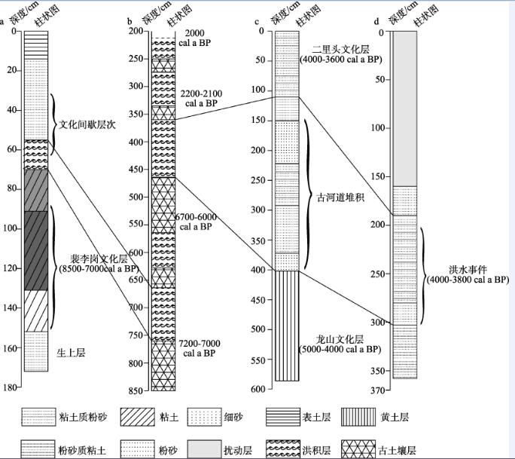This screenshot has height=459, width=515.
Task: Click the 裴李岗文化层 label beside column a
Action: tap(99, 259)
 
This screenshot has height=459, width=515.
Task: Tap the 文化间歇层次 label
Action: tap(87, 125)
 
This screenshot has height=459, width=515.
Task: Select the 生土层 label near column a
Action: tap(71, 353)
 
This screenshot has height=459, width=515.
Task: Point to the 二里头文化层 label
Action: tap(340, 50)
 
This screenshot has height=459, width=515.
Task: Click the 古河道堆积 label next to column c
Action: tap(340, 197)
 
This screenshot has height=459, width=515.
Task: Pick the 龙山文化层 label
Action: tap(340, 339)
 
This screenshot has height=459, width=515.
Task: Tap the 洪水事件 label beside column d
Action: tap(468, 270)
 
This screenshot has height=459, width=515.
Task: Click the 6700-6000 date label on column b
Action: tap(196, 217)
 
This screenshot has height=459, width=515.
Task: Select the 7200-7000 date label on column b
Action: tap(200, 344)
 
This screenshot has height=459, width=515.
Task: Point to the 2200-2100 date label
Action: tap(201, 93)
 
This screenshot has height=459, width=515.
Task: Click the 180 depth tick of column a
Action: tap(11, 387)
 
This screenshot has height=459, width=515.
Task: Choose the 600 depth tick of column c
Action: tap(259, 389)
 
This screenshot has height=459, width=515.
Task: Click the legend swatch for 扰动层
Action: tap(204, 449)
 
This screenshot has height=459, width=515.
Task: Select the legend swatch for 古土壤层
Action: tap(358, 449)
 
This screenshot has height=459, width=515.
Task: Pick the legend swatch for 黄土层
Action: tap(358, 418)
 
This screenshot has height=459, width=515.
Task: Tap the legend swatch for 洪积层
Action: tap(283, 449)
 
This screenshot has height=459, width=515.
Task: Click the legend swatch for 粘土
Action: tap(137, 418)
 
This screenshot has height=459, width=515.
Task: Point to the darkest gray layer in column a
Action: tap(36, 250)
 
